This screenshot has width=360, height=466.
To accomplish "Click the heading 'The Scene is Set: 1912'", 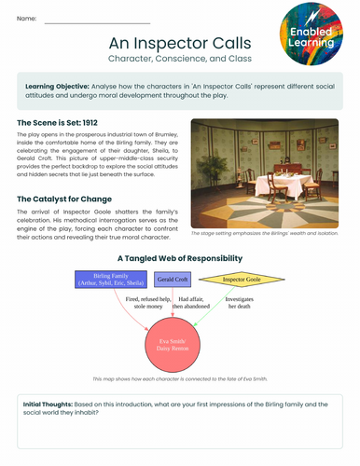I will click(x=60, y=122).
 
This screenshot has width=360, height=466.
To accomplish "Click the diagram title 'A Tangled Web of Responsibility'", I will click(x=180, y=257).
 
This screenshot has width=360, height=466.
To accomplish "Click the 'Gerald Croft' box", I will click(x=172, y=280).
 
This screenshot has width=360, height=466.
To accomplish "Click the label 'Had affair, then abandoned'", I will click(x=190, y=302).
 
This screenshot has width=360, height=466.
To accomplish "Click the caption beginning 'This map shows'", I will click(x=180, y=379).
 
